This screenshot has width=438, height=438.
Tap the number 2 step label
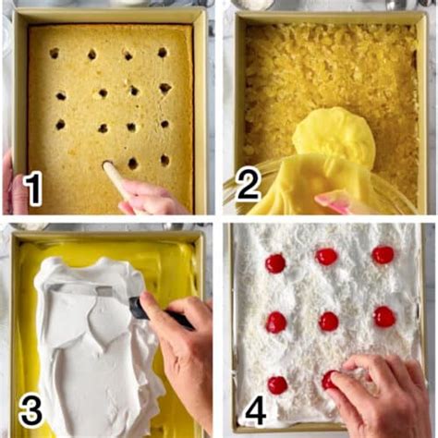coord(248,185)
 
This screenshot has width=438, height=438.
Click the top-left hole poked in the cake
coord(54,54)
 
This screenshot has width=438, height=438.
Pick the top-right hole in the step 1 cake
coord(163,53)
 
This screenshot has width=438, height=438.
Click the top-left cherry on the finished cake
coord(275,263)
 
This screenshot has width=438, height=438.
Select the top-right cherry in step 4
coord(383,254)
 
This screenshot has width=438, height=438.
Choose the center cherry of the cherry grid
coord(329,321)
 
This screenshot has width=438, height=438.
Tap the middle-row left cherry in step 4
coord(275,322)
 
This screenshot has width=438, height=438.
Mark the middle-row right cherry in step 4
coord(384,317)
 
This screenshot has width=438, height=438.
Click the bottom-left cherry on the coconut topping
coord(276,384)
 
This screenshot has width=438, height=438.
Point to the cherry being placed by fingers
coord(331,379)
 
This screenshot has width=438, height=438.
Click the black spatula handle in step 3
coord(152,312)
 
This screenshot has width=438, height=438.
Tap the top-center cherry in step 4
coord(326,256)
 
